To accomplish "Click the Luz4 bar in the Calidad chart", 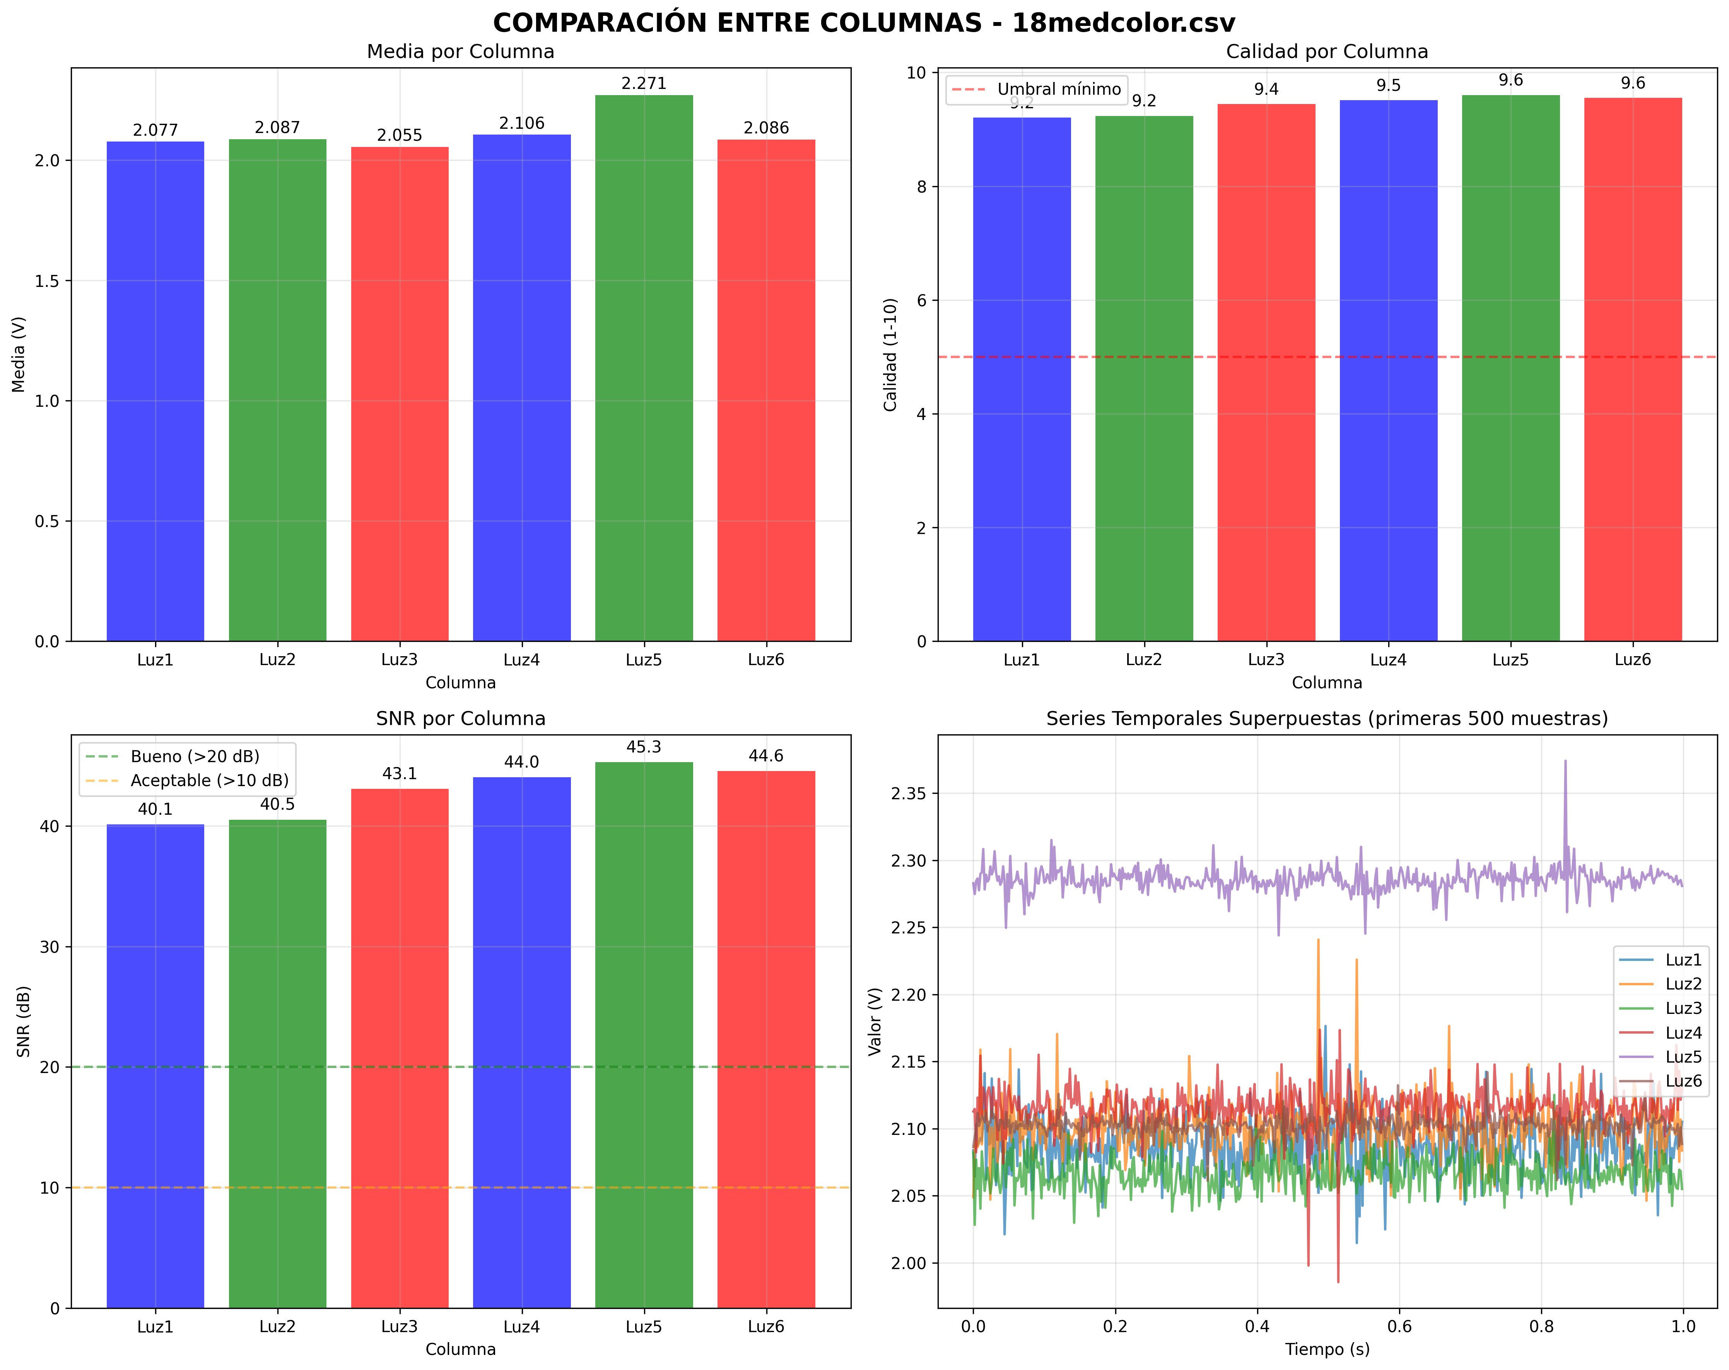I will click(x=1388, y=369).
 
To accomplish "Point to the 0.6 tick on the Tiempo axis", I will click(x=1399, y=1327).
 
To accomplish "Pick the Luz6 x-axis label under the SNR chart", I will click(x=766, y=1327).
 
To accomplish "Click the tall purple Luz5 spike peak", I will click(x=1565, y=761).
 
